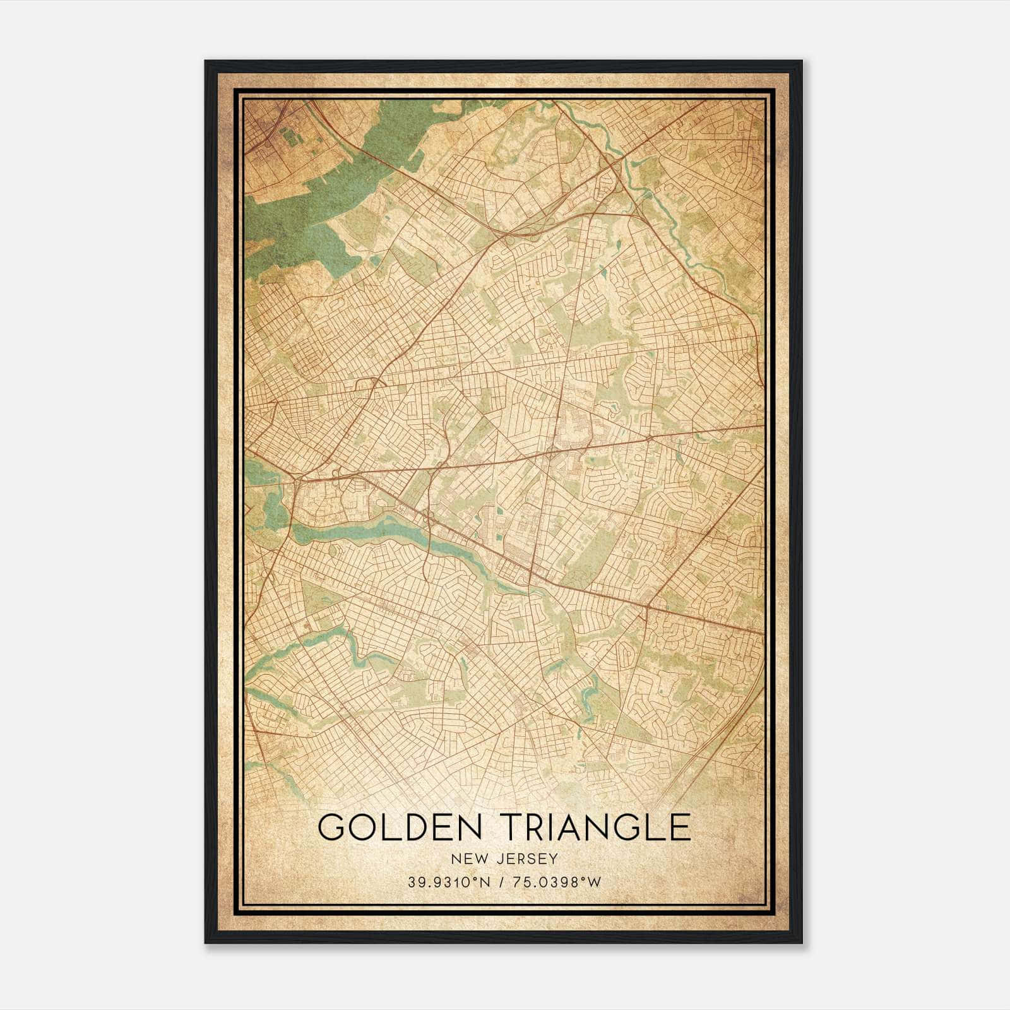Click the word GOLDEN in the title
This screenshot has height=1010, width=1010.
[396, 827]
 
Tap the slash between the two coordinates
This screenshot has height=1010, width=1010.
[501, 882]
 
